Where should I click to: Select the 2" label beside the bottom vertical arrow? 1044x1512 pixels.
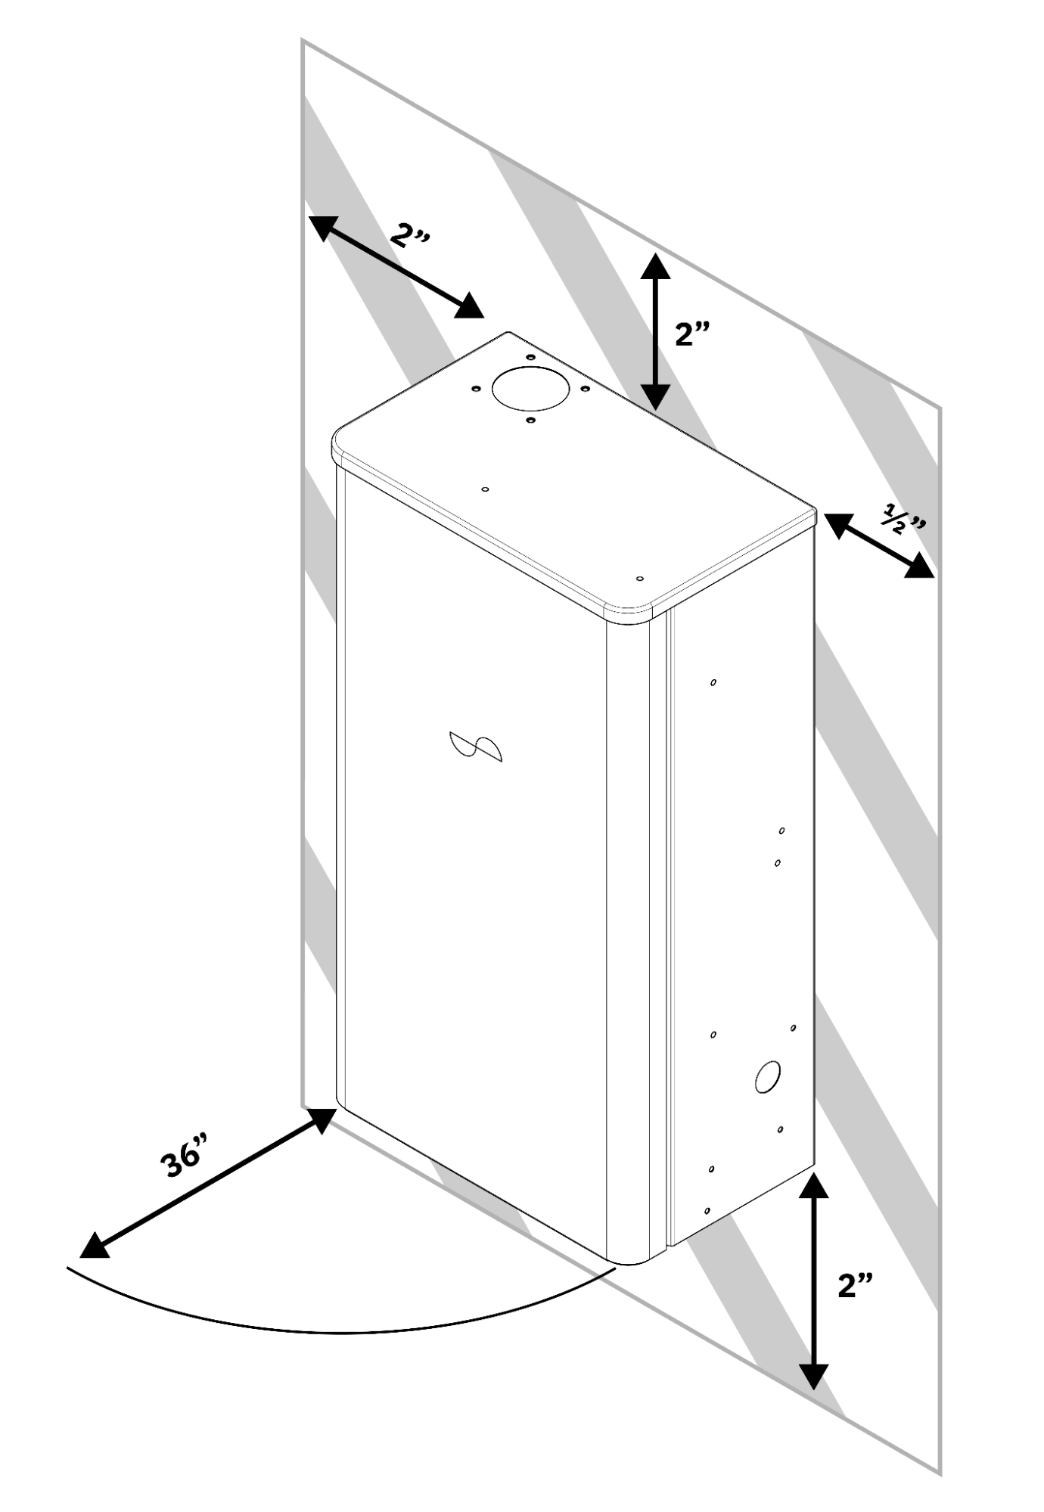(x=856, y=1284)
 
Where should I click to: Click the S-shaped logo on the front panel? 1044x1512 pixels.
(x=475, y=746)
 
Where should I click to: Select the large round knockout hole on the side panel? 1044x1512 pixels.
(x=767, y=1076)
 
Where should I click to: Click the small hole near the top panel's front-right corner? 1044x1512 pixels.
(x=640, y=579)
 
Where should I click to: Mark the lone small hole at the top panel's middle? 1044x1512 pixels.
(x=485, y=489)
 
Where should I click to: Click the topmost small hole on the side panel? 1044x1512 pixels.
(x=713, y=682)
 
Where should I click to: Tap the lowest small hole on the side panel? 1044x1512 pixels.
(x=707, y=1211)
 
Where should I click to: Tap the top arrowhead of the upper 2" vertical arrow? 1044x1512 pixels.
(x=655, y=266)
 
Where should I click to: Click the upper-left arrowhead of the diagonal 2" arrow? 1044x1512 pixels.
(x=322, y=227)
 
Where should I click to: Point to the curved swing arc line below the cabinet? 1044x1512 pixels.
(x=340, y=1330)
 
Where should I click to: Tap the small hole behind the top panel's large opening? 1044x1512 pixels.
(x=530, y=357)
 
